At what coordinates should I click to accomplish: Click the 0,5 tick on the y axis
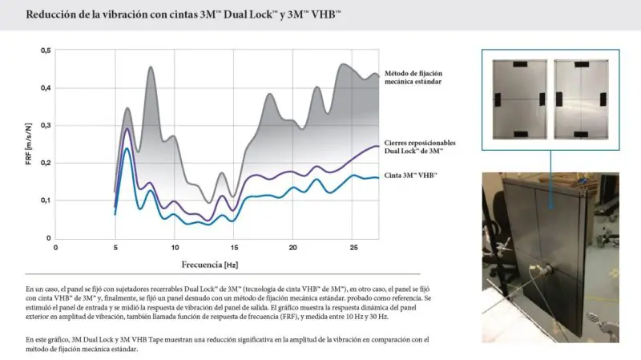click(x=46, y=51)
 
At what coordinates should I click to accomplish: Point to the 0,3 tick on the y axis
click(x=46, y=125)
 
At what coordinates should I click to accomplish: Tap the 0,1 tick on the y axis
click(x=46, y=200)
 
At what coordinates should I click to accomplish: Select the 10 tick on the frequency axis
click(x=174, y=248)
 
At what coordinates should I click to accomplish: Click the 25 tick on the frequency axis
click(x=353, y=248)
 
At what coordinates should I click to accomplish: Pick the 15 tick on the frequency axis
click(x=233, y=248)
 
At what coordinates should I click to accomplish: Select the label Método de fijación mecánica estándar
click(x=413, y=78)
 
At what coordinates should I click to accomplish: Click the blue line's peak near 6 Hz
click(x=127, y=148)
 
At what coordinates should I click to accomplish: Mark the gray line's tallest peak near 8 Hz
click(x=151, y=67)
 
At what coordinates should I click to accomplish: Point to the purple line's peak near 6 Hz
click(x=127, y=128)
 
